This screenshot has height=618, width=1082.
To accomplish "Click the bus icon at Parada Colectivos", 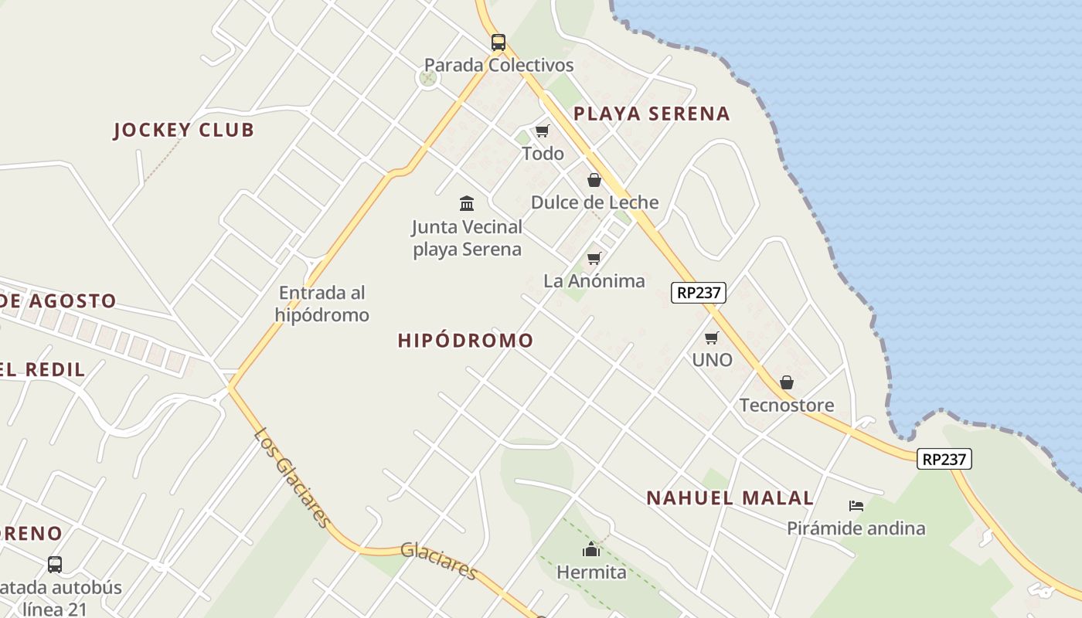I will click(498, 42).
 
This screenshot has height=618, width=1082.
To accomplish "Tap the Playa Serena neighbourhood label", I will click(652, 114).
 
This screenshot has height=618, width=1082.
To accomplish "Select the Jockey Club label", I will click(184, 130).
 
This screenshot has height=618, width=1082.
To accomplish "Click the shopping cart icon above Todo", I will click(543, 131).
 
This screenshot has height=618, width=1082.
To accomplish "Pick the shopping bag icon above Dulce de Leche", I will click(594, 180).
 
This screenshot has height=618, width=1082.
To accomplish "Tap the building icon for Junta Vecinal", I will click(467, 204).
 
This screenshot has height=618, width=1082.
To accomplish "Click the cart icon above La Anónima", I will click(594, 258).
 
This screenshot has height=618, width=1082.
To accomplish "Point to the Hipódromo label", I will click(465, 341).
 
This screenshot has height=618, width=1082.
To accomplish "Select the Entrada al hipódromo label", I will click(322, 304).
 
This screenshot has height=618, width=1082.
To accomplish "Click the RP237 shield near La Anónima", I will click(698, 293).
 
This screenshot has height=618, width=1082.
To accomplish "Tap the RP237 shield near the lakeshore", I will click(944, 459).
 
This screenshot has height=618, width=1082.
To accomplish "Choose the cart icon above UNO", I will click(712, 338).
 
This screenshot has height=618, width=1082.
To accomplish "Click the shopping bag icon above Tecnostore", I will click(787, 382).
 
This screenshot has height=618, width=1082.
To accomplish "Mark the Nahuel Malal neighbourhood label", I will click(730, 498).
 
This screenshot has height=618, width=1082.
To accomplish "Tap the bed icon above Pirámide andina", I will click(856, 506).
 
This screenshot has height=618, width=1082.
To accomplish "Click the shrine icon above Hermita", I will click(591, 550).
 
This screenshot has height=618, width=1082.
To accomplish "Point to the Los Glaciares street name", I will click(293, 477).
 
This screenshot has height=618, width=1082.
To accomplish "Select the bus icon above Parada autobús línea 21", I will click(55, 565).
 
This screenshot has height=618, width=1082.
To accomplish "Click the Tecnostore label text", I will click(787, 406).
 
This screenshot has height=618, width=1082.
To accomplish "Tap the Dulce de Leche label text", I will click(594, 202).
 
